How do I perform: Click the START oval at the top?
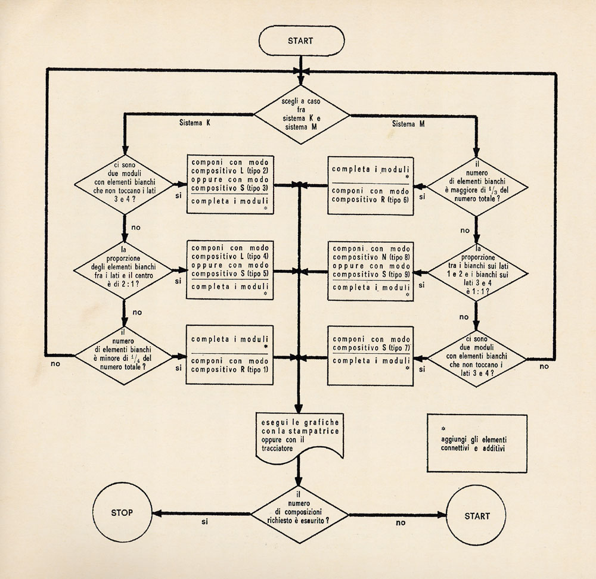click(302, 41)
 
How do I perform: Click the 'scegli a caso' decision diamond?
click(302, 114)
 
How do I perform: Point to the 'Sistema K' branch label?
click(195, 123)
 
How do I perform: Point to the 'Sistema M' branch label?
click(408, 124)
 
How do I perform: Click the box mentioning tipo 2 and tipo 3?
click(230, 184)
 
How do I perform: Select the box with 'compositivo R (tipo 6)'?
click(371, 186)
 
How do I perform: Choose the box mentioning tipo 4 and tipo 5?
click(230, 270)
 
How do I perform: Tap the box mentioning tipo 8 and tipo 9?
click(371, 271)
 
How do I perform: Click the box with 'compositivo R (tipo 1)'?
click(229, 355)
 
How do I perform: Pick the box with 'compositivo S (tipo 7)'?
click(371, 356)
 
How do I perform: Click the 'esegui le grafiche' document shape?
click(300, 437)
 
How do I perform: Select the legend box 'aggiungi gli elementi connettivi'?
click(477, 443)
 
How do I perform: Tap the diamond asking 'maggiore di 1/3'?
click(477, 187)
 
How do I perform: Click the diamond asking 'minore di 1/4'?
click(123, 356)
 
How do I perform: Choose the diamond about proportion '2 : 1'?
click(123, 270)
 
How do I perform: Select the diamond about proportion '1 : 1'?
click(477, 272)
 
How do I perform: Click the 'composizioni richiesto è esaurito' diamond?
click(300, 515)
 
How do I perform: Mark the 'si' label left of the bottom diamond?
click(205, 522)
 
